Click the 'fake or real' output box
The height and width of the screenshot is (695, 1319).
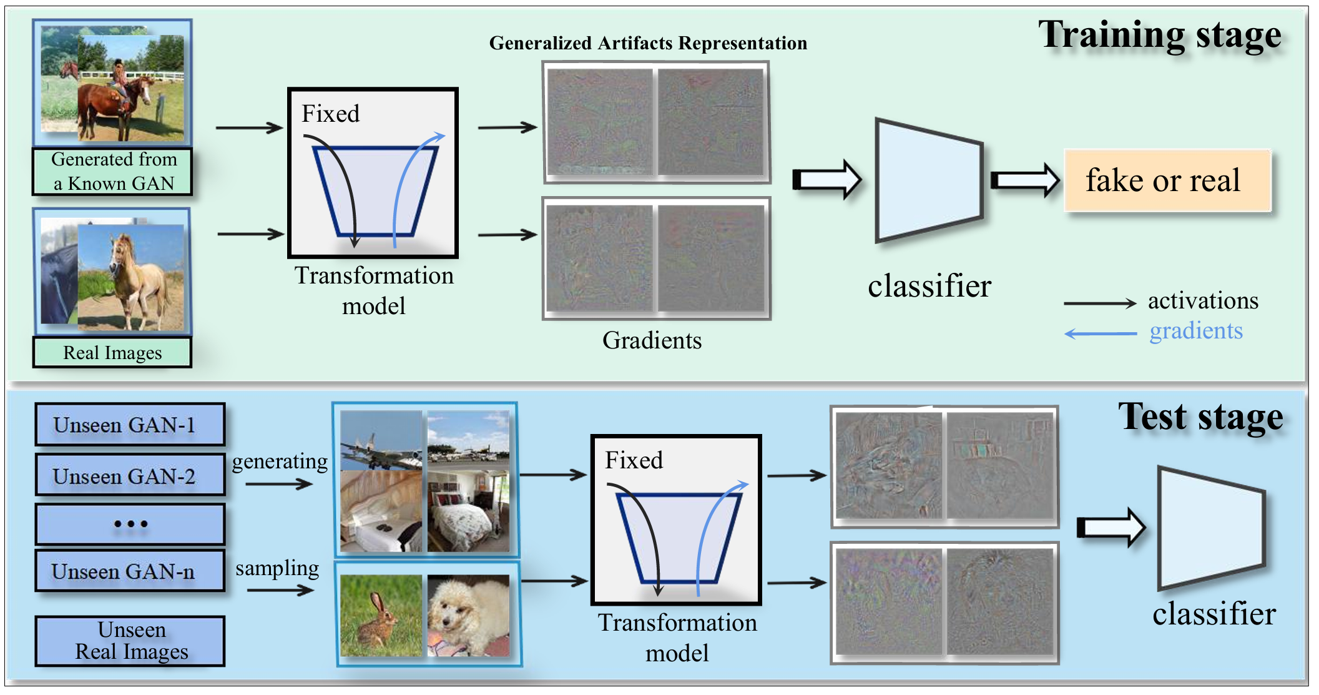(1167, 180)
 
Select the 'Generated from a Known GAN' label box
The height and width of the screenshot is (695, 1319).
(113, 172)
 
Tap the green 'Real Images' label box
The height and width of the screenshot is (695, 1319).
(112, 353)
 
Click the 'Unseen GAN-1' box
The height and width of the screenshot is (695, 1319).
(130, 425)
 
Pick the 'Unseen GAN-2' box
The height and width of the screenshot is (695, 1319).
(130, 476)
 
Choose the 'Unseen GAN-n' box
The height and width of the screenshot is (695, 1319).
(130, 571)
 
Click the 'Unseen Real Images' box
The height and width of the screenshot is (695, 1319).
(130, 641)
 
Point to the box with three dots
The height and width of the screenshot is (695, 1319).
(130, 525)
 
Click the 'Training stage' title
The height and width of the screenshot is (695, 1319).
(1159, 35)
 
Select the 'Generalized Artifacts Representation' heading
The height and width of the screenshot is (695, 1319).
(648, 43)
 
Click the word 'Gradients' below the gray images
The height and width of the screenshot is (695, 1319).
(652, 340)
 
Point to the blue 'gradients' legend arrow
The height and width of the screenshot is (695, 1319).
(1100, 333)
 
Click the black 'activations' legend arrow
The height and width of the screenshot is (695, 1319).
(1100, 303)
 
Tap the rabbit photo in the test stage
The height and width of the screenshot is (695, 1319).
(381, 616)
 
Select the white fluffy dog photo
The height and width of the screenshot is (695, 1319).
(468, 616)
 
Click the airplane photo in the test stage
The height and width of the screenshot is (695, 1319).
(381, 441)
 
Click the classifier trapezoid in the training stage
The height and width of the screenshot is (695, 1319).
(929, 180)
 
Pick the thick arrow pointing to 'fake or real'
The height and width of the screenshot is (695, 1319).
(1025, 180)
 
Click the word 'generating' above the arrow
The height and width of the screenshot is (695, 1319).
(280, 461)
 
